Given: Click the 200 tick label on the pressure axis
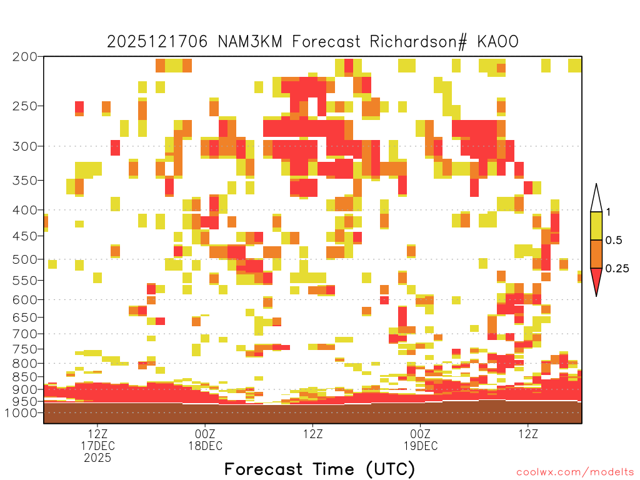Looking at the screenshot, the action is pyautogui.click(x=24, y=57).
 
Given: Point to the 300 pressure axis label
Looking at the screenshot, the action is pyautogui.click(x=24, y=146).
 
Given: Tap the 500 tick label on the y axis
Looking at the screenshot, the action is pyautogui.click(x=24, y=259).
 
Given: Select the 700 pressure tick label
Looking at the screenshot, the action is pyautogui.click(x=24, y=334).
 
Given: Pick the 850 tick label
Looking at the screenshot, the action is pyautogui.click(x=24, y=377).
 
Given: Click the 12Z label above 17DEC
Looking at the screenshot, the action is pyautogui.click(x=97, y=434).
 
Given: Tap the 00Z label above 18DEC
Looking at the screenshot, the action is pyautogui.click(x=205, y=434).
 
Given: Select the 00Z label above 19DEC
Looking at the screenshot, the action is pyautogui.click(x=421, y=434).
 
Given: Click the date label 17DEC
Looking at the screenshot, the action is pyautogui.click(x=97, y=446).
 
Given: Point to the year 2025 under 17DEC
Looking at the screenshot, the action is pyautogui.click(x=97, y=457).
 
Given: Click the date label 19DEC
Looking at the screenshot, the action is pyautogui.click(x=421, y=446).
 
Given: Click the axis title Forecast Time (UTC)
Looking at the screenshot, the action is pyautogui.click(x=319, y=469).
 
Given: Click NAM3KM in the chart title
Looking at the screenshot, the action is pyautogui.click(x=250, y=42).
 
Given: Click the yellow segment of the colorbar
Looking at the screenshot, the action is pyautogui.click(x=596, y=226).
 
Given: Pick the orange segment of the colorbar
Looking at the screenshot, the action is pyautogui.click(x=596, y=254).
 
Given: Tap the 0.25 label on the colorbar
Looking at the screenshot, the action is pyautogui.click(x=617, y=269).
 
